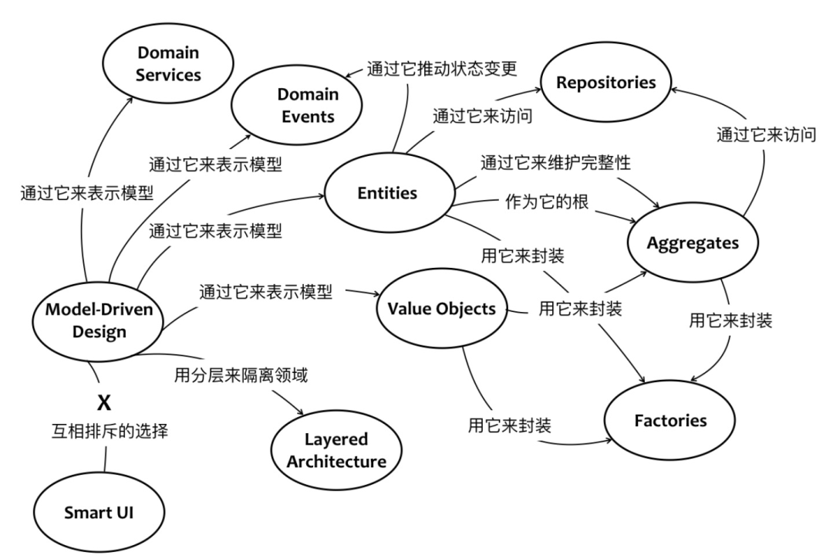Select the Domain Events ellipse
click(308, 105)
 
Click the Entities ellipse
click(388, 194)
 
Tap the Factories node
click(670, 421)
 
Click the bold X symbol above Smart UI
click(103, 403)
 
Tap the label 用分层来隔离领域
click(241, 376)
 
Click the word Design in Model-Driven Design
click(99, 330)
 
